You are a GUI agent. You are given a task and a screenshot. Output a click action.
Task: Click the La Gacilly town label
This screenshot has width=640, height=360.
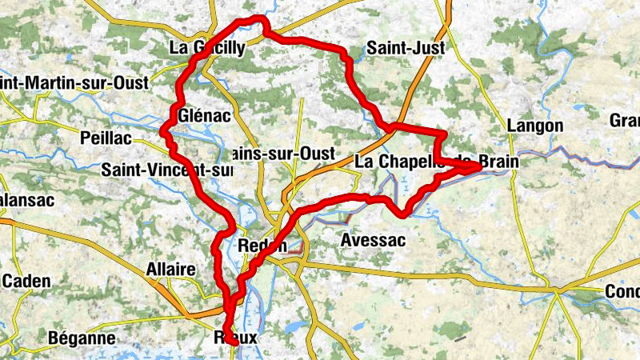[207, 48]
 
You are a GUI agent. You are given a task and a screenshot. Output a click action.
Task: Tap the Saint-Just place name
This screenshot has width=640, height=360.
[405, 49]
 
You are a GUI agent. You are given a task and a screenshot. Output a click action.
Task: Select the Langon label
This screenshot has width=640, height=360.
[535, 126]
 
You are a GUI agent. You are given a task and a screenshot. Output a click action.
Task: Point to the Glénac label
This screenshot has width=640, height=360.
[206, 116]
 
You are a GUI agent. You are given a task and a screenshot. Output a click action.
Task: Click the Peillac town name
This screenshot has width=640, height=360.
[106, 138]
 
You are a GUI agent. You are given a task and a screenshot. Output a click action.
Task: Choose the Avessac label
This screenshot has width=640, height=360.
[373, 240]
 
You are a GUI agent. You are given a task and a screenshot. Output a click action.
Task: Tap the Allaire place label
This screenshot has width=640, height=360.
[170, 270]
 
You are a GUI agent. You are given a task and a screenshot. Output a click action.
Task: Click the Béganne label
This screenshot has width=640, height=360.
[82, 338]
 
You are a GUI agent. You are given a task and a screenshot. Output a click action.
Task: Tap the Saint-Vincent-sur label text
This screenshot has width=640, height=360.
[166, 170]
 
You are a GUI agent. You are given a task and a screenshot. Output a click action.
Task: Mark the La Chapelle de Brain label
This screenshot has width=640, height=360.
[436, 162]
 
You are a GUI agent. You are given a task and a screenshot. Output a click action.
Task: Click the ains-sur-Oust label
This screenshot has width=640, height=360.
[276, 153]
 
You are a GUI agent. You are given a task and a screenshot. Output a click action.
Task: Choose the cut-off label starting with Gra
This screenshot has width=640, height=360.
[625, 121]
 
